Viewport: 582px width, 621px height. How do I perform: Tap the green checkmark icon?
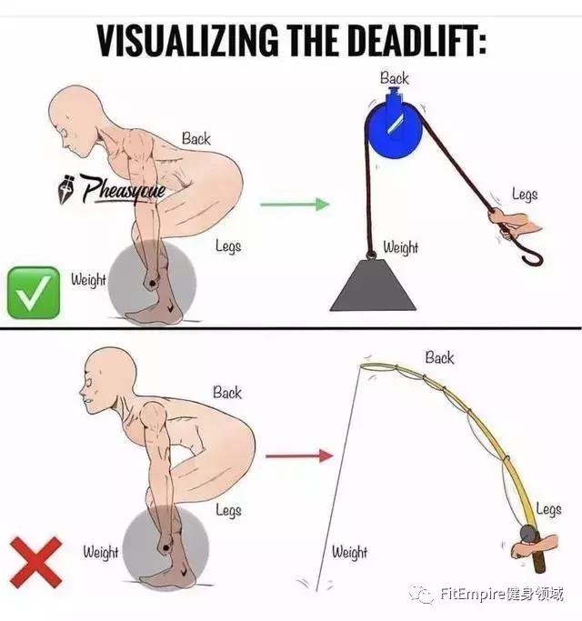(x=34, y=293)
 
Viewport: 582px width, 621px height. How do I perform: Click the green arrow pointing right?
(x=295, y=205)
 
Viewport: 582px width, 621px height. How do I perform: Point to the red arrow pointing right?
(x=299, y=456)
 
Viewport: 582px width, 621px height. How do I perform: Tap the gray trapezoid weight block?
(x=373, y=285)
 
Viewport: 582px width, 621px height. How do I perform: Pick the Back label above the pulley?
(x=394, y=78)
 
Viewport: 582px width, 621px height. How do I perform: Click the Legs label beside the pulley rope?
(x=525, y=195)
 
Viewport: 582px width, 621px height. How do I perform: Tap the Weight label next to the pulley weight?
(x=400, y=247)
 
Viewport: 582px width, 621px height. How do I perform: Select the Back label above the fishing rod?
(x=439, y=357)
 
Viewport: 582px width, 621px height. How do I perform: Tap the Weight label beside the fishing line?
(x=349, y=552)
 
